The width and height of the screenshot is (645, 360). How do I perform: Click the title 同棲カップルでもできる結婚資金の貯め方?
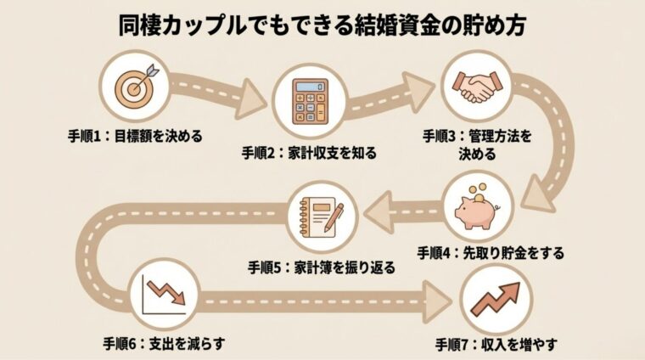pyautogui.click(x=322, y=25)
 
